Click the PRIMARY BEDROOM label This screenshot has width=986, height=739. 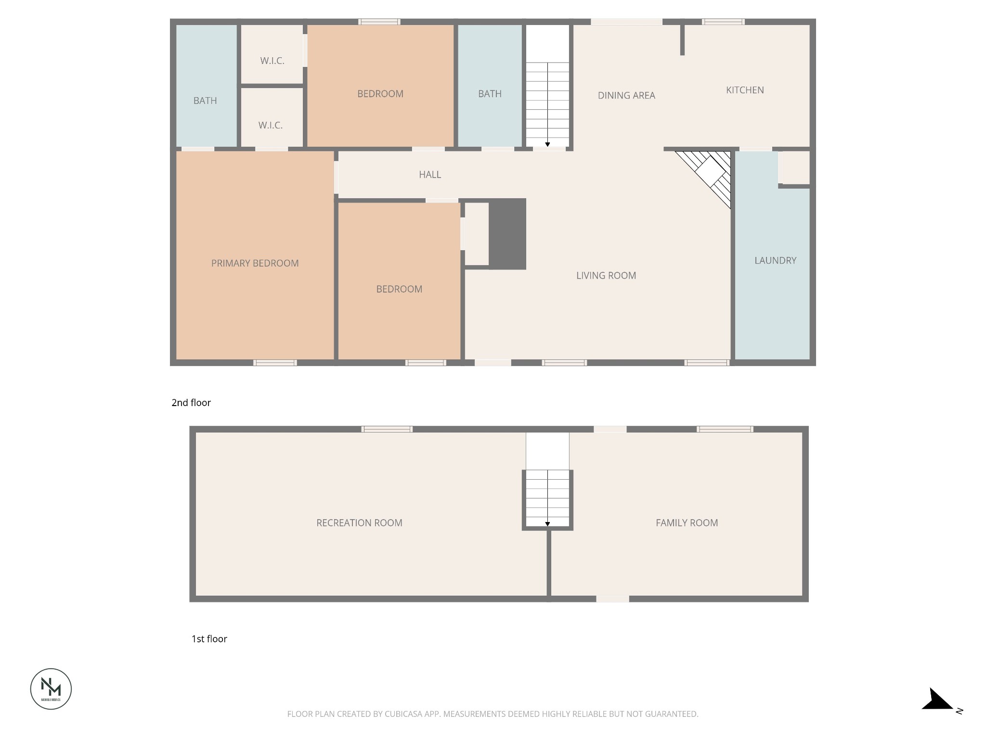pyautogui.click(x=255, y=263)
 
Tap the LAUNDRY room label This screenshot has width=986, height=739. pyautogui.click(x=775, y=260)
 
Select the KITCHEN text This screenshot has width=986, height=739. pyautogui.click(x=745, y=90)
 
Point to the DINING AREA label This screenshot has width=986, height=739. pyautogui.click(x=626, y=95)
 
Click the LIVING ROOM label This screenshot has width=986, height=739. pyautogui.click(x=606, y=276)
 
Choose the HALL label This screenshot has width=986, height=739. pyautogui.click(x=430, y=175)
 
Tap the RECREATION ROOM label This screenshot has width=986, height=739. pyautogui.click(x=359, y=523)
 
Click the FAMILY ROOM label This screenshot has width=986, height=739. pyautogui.click(x=687, y=523)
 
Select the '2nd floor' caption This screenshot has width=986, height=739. pyautogui.click(x=191, y=403)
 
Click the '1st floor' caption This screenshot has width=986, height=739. pyautogui.click(x=209, y=639)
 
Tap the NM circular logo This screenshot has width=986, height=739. pyautogui.click(x=51, y=688)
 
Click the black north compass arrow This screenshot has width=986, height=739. pyautogui.click(x=936, y=700)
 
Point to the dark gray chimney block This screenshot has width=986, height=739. pyautogui.click(x=507, y=234)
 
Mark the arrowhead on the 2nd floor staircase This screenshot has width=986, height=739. pyautogui.click(x=547, y=144)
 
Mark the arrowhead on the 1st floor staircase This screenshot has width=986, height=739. pyautogui.click(x=547, y=524)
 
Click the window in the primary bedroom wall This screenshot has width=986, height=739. pyautogui.click(x=275, y=363)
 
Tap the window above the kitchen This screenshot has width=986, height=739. pyautogui.click(x=723, y=22)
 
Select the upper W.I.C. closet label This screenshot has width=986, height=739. pyautogui.click(x=272, y=61)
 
